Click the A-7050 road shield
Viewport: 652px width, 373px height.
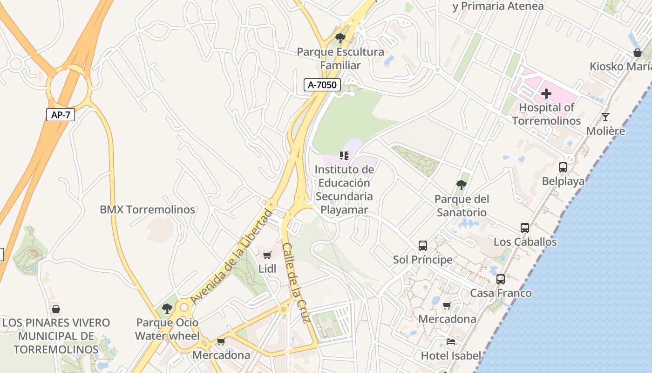pyautogui.click(x=322, y=85)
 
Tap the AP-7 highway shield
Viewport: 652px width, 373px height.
pyautogui.click(x=61, y=114)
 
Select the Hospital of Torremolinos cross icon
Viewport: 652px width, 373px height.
pyautogui.click(x=546, y=94)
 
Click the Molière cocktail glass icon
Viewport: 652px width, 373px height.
pyautogui.click(x=605, y=117)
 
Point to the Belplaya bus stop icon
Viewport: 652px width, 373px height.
pyautogui.click(x=563, y=167)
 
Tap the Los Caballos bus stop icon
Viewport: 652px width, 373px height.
pyautogui.click(x=525, y=228)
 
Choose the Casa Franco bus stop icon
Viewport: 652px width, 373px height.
pyautogui.click(x=501, y=279)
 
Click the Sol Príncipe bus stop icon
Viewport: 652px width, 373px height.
pyautogui.click(x=422, y=245)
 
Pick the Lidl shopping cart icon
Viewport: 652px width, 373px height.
pyautogui.click(x=267, y=255)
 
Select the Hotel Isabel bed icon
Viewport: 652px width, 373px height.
pyautogui.click(x=450, y=342)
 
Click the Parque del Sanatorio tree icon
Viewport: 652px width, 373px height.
pyautogui.click(x=461, y=185)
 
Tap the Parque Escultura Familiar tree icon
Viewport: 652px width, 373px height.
pyautogui.click(x=340, y=38)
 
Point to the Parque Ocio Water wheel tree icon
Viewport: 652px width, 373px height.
pyautogui.click(x=167, y=308)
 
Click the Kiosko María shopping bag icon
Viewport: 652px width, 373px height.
pyautogui.click(x=637, y=53)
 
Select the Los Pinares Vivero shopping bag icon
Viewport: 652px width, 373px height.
pyautogui.click(x=56, y=309)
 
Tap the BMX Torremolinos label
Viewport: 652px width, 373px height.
pyautogui.click(x=147, y=210)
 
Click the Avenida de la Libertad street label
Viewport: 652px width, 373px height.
pyautogui.click(x=231, y=257)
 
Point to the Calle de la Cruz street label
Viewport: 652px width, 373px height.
pyautogui.click(x=296, y=283)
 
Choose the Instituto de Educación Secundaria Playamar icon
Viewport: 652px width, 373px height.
pyautogui.click(x=344, y=155)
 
